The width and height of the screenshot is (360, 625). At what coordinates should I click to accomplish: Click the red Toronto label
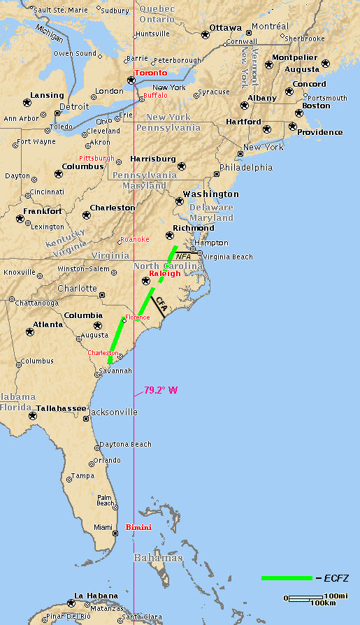pos(151,73)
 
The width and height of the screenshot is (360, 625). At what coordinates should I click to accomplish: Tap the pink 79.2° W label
pos(161,390)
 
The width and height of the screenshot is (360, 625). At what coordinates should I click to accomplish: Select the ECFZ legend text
pos(336,578)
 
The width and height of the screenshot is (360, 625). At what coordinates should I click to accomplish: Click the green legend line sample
pos(287,578)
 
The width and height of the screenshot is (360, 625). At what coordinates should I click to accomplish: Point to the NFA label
pos(183,257)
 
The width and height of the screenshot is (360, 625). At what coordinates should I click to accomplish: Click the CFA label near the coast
pos(161,304)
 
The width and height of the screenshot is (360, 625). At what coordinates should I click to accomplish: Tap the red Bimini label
pos(138,527)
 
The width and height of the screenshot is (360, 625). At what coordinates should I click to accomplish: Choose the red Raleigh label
pos(165,273)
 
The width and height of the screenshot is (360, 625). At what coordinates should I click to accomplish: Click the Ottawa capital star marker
pos(206,34)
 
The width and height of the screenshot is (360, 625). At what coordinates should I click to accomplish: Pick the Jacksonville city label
pos(113,412)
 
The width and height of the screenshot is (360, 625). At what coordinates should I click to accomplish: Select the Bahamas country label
pos(158,558)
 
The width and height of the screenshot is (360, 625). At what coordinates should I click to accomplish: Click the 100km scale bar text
pos(323,603)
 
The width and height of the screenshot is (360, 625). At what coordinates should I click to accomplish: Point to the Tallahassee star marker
pos(33,416)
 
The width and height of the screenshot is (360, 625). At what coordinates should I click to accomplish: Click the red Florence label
pos(137,317)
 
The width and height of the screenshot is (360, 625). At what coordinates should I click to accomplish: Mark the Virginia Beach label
pos(227,257)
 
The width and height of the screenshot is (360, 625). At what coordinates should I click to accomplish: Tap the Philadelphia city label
pos(246,167)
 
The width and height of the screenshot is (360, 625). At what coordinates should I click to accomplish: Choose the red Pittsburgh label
pos(96,158)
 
